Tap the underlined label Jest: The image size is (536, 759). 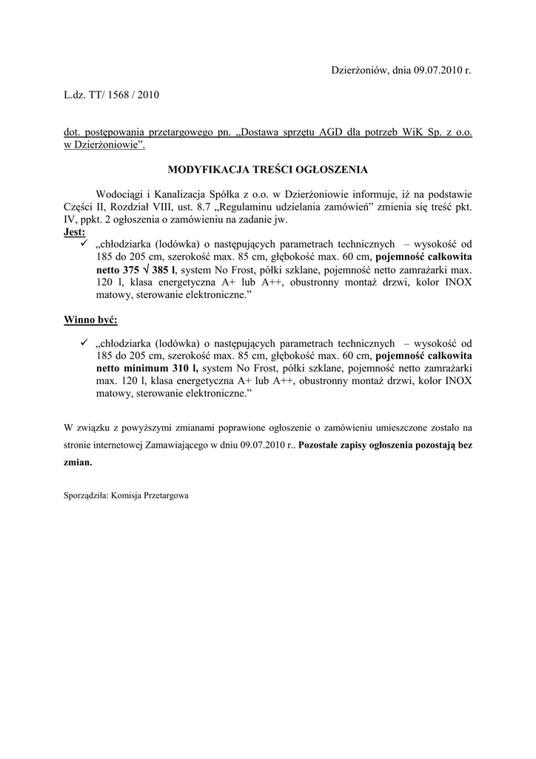pos(75,232)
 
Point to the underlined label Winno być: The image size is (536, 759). pos(90,320)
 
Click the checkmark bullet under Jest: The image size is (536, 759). pos(84,244)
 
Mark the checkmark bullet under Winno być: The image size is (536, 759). pos(84,343)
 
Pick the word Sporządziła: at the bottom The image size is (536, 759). pos(86,496)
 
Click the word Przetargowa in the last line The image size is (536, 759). pos(167,496)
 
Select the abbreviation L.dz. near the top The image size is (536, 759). pos(76,95)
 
